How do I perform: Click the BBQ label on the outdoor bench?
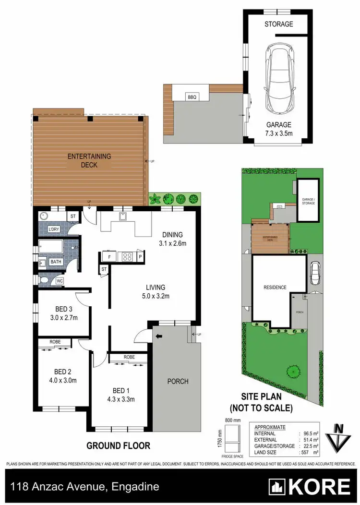pos(192,97)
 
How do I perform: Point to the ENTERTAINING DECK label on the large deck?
pos(89,160)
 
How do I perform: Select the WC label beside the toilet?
pos(60,281)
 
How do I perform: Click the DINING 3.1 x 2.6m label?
pos(172,239)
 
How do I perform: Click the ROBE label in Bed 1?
pos(128,357)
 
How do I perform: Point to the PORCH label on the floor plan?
pos(178,382)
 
